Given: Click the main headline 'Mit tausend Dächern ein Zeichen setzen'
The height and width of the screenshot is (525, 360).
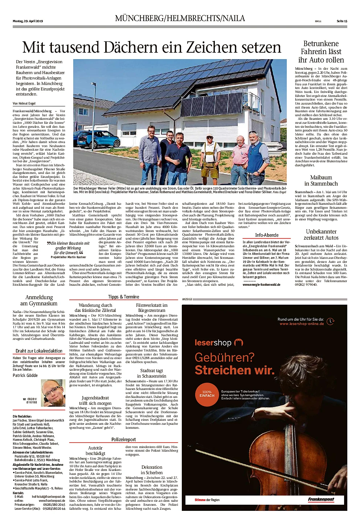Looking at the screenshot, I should (152, 48).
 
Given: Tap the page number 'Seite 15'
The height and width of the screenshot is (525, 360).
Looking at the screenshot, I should (342, 21).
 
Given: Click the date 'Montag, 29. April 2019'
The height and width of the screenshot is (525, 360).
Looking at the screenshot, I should (28, 21).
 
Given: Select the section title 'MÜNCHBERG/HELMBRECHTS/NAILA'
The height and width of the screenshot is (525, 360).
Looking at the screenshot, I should (180, 18).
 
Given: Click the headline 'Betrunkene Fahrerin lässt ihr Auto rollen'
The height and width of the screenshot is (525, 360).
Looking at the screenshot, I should (321, 52).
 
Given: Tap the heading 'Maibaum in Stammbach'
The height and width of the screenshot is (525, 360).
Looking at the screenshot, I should (321, 180).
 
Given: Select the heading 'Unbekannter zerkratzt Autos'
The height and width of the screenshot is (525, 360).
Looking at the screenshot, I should (321, 235).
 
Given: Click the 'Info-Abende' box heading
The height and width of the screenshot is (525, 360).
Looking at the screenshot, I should (267, 235).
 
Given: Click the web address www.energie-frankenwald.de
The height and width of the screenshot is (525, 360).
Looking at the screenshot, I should (261, 285).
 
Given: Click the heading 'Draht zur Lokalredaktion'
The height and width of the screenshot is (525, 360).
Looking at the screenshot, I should (39, 351).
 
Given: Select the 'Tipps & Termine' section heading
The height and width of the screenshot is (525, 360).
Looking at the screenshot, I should (123, 297).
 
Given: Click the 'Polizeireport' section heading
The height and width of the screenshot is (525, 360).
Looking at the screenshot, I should (123, 439).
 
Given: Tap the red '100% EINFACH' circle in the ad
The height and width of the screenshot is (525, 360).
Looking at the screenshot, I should (207, 394).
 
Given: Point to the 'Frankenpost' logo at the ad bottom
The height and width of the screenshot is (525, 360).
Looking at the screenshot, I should (321, 500).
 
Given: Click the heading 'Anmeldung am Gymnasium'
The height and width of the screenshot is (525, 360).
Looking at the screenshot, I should (39, 300).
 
